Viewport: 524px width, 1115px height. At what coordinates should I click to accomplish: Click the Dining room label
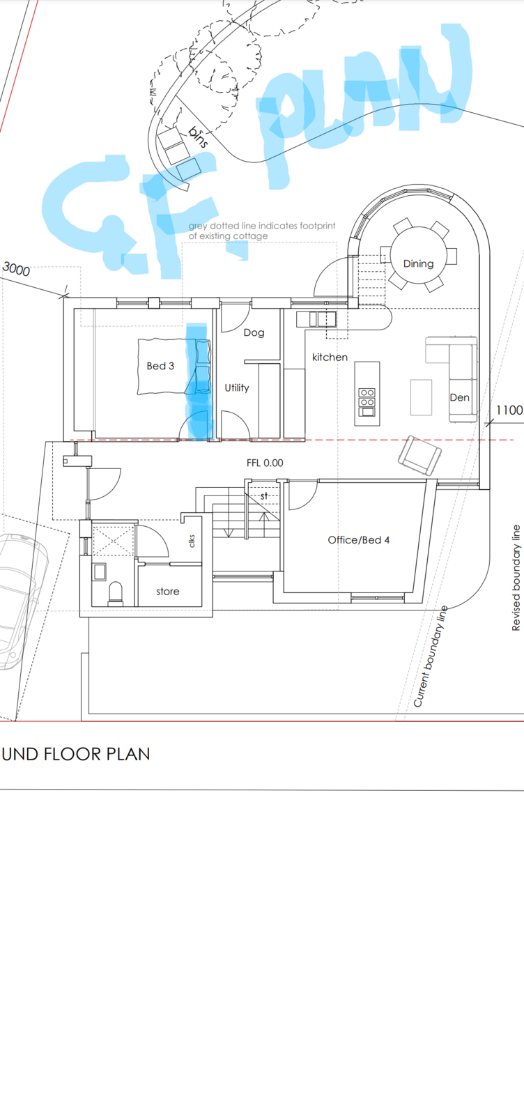click(x=418, y=264)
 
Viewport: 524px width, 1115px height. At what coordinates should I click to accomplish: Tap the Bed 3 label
click(x=160, y=366)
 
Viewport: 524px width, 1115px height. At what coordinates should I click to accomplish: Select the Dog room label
click(x=254, y=333)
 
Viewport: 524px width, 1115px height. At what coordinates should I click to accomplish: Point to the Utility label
click(x=237, y=387)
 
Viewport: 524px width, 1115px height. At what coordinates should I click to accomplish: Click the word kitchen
click(x=330, y=357)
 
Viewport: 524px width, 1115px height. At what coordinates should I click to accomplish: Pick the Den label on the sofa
click(x=459, y=397)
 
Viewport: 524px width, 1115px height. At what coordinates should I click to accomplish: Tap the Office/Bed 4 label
click(x=359, y=540)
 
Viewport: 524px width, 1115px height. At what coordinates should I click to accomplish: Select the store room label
click(x=168, y=592)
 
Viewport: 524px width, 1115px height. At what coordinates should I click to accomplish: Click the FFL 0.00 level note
click(x=265, y=463)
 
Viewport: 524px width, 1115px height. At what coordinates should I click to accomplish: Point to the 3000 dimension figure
click(x=17, y=269)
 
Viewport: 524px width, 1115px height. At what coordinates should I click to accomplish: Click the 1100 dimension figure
click(x=509, y=410)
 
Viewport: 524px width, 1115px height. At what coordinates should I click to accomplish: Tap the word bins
click(x=198, y=137)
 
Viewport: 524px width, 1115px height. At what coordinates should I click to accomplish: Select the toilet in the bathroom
click(x=116, y=593)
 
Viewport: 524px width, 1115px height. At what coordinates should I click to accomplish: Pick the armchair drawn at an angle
click(x=420, y=456)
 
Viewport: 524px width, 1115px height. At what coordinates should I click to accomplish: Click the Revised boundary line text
click(x=516, y=578)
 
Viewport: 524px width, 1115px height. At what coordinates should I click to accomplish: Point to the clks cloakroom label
click(x=192, y=541)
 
